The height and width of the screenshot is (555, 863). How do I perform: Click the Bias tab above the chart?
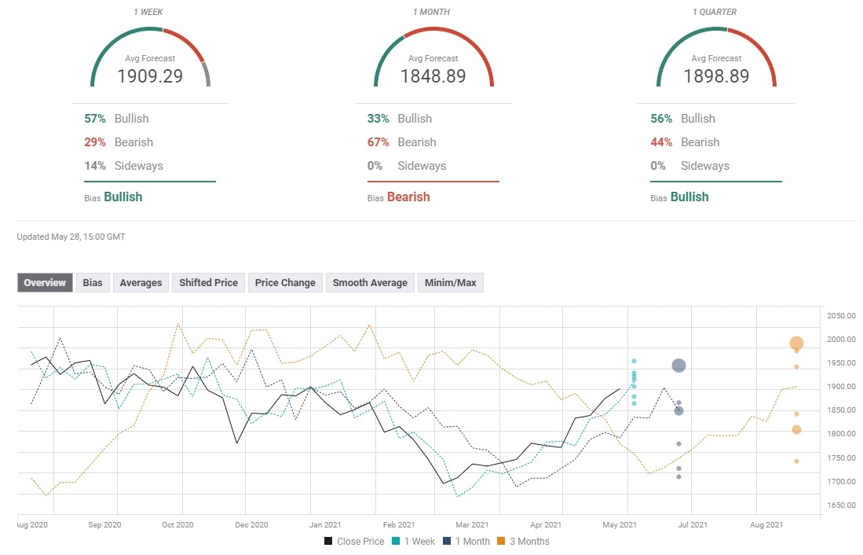(x=93, y=282)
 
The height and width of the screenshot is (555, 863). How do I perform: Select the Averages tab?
(x=141, y=282)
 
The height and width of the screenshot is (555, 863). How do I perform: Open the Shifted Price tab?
(x=208, y=282)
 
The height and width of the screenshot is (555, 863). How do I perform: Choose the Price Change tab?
(x=285, y=282)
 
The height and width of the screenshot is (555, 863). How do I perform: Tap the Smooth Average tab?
(x=370, y=282)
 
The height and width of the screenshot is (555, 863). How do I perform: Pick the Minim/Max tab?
(x=451, y=282)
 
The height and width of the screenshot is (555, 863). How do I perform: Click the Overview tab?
(x=45, y=282)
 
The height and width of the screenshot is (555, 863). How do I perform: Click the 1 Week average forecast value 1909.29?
(x=150, y=76)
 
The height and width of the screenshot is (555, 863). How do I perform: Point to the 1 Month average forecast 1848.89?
(x=433, y=76)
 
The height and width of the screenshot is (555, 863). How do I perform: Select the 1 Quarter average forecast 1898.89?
(x=715, y=76)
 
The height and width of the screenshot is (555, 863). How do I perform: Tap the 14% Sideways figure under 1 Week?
(x=93, y=166)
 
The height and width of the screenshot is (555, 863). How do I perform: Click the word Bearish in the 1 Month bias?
(x=408, y=197)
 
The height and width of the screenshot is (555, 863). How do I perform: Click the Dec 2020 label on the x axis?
(x=251, y=524)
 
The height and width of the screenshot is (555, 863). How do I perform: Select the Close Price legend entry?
(x=354, y=541)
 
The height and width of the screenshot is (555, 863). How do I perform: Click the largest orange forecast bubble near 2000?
(x=796, y=343)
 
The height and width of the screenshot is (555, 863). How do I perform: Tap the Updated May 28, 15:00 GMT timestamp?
(x=71, y=237)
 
